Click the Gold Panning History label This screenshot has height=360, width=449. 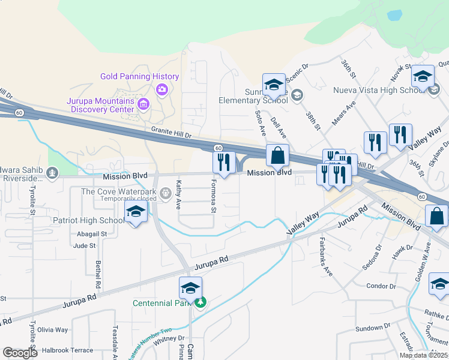tap(139, 77)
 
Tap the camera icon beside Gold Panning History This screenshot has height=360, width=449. tap(161, 90)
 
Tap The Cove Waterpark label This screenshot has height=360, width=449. tap(119, 192)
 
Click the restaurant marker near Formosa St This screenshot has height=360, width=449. tap(224, 161)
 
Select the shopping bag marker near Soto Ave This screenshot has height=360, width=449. tap(277, 155)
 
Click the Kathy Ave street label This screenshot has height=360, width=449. tap(178, 194)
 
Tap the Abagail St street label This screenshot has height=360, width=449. tap(92, 233)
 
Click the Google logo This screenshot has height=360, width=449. tap(20, 353)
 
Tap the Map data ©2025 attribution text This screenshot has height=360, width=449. tap(423, 355)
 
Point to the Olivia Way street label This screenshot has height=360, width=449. tap(53, 330)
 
